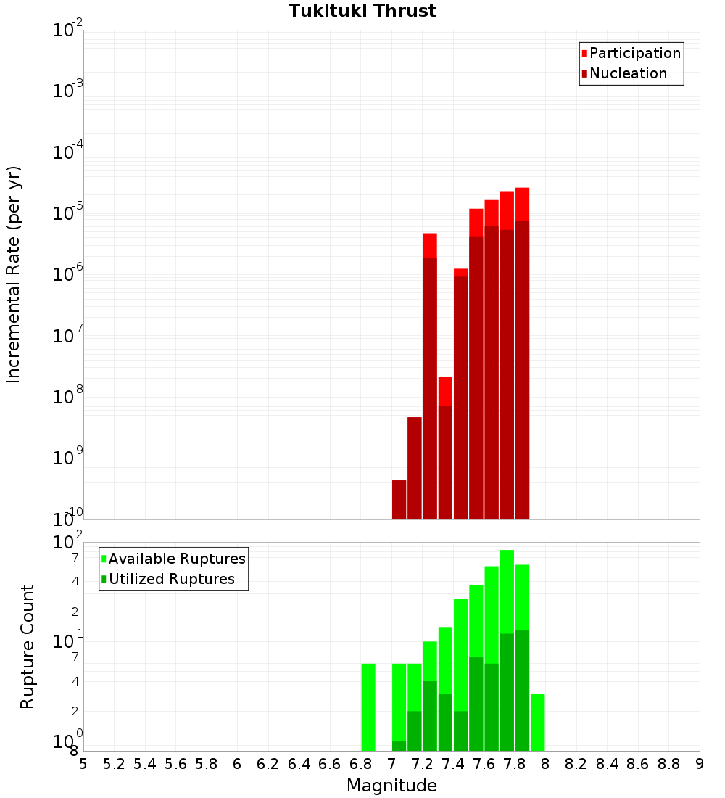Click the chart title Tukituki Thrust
pyautogui.click(x=362, y=11)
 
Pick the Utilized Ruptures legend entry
pyautogui.click(x=171, y=579)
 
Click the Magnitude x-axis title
pyautogui.click(x=391, y=786)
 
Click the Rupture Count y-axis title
pyautogui.click(x=28, y=646)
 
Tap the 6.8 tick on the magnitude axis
pyautogui.click(x=360, y=764)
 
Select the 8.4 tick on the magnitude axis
pyautogui.click(x=607, y=764)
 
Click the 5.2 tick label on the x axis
pyautogui.click(x=114, y=764)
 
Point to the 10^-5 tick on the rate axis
pyautogui.click(x=68, y=213)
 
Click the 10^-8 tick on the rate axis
pyautogui.click(x=68, y=397)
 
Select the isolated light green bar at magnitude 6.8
pyautogui.click(x=368, y=707)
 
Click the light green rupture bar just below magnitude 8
pyautogui.click(x=538, y=722)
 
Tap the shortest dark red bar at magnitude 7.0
pyautogui.click(x=399, y=500)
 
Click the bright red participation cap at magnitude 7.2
pyautogui.click(x=430, y=245)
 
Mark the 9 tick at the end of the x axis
pyautogui.click(x=700, y=764)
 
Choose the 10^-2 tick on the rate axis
pyautogui.click(x=68, y=30)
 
